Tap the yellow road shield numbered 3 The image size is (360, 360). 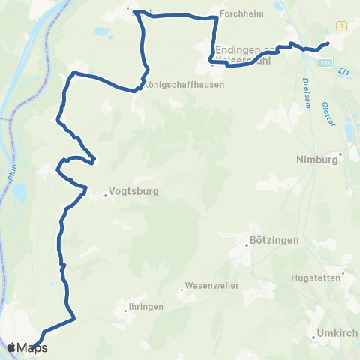click(x=341, y=26)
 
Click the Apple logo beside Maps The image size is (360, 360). click(x=12, y=347)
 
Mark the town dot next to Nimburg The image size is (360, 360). click(x=341, y=155)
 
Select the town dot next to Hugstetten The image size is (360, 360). click(x=343, y=275)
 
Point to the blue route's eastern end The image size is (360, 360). click(x=328, y=44)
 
